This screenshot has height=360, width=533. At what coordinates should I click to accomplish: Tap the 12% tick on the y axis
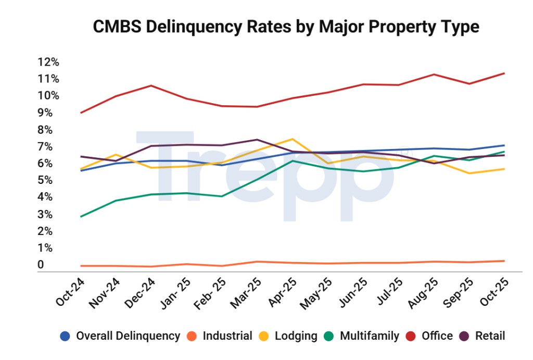click(48, 62)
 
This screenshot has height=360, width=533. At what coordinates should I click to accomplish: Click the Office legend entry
click(437, 336)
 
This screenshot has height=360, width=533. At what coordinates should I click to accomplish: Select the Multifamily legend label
click(370, 336)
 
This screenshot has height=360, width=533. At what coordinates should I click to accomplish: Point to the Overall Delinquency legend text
click(128, 336)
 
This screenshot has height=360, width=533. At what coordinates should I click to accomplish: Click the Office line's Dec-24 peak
click(151, 85)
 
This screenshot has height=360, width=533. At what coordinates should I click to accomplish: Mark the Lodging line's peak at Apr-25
click(293, 139)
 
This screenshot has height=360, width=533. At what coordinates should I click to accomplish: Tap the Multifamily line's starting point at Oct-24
click(80, 217)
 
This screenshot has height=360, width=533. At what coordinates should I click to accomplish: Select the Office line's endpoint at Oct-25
click(504, 73)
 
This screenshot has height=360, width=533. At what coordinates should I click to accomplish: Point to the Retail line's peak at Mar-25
click(257, 140)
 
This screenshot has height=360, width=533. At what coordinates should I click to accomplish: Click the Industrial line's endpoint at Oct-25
click(504, 260)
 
